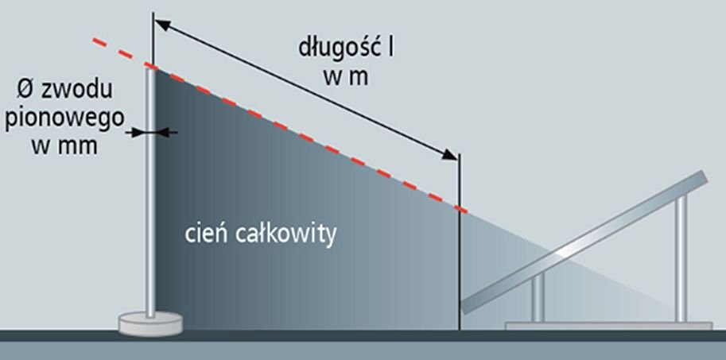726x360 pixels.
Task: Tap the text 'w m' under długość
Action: [x=347, y=77]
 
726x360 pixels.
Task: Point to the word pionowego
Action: [x=65, y=118]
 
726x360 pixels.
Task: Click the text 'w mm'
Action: [x=65, y=146]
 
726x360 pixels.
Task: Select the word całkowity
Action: [x=285, y=234]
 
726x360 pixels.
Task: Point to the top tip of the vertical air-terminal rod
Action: [x=150, y=68]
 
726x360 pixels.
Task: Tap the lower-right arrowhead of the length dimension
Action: [x=449, y=154]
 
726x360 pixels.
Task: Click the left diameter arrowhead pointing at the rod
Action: [x=140, y=133]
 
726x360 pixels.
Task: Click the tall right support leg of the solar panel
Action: [x=681, y=258]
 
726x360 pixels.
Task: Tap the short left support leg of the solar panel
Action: [x=538, y=297]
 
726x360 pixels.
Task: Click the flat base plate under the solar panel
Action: [x=608, y=326]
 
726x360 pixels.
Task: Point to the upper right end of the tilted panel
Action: [x=705, y=176]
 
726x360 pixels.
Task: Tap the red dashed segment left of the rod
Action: [x=120, y=52]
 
